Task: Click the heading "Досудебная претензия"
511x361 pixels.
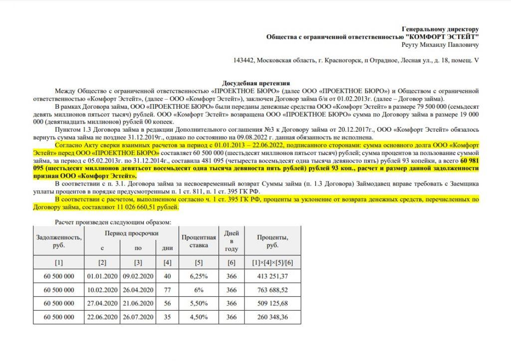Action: [x=255, y=83]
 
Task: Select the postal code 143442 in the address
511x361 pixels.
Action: [x=244, y=60]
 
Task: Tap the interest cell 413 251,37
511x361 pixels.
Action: [x=272, y=275]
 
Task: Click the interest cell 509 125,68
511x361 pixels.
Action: [x=272, y=303]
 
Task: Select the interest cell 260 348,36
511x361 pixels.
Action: [x=272, y=317]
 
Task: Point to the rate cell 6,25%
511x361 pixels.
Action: [x=199, y=275]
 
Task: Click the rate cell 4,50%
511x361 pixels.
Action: [x=199, y=317]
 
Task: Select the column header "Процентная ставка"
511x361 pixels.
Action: [x=199, y=241]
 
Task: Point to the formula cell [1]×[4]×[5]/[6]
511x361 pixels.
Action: [x=272, y=262]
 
